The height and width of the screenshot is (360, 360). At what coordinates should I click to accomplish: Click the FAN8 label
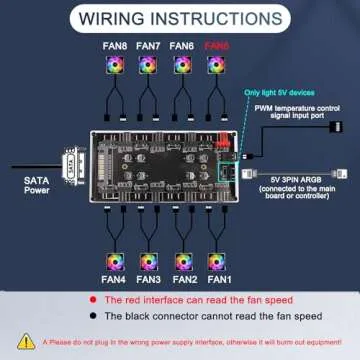[x=113, y=46]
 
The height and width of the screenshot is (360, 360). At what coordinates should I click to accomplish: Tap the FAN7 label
[x=148, y=46]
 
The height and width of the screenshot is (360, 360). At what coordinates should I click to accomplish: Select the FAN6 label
[x=182, y=46]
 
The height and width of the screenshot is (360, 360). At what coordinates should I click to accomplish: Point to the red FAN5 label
[x=216, y=46]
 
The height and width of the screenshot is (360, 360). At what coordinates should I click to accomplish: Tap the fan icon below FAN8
[x=113, y=66]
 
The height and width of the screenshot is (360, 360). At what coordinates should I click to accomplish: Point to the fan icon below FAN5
[x=216, y=66]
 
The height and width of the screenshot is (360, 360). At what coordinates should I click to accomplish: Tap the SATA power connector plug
[x=71, y=165]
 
